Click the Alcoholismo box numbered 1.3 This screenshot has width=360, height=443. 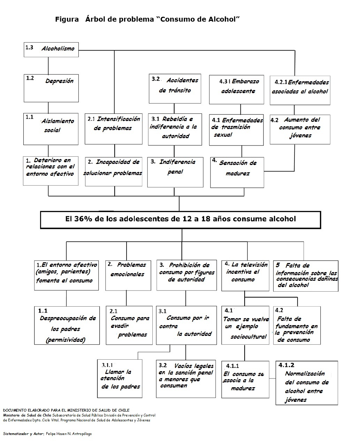51,49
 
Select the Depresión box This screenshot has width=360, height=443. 51,87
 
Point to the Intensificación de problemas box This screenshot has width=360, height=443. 113,128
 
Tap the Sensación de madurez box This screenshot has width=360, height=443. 237,172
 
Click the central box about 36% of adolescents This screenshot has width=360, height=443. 180,219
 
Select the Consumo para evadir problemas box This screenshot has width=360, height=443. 129,325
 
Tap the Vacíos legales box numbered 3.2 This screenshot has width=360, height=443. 185,378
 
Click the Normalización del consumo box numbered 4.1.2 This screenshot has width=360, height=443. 307,383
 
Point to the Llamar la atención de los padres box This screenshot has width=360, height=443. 120,379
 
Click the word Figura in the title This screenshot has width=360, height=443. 67,20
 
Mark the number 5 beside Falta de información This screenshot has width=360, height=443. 278,265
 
